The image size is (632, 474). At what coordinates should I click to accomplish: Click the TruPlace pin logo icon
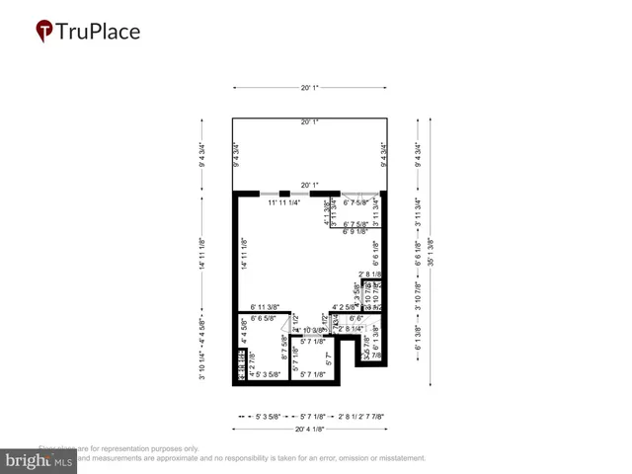click(x=43, y=32)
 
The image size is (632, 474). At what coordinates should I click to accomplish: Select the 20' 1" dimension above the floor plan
click(x=309, y=88)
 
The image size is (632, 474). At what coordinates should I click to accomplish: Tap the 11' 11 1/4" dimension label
click(x=285, y=202)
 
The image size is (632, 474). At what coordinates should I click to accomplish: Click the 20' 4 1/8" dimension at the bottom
click(x=309, y=430)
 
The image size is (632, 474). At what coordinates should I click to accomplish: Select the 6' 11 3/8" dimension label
click(x=266, y=307)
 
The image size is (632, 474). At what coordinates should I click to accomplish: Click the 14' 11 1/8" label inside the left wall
click(x=243, y=254)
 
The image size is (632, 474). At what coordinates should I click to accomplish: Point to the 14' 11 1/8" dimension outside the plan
click(x=201, y=254)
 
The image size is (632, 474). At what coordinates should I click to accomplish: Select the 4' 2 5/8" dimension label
click(x=350, y=307)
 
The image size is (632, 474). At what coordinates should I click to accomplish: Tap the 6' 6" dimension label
click(x=356, y=319)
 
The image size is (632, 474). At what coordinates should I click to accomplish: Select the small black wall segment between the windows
click(x=284, y=193)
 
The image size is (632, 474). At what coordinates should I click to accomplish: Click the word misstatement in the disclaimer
click(x=392, y=458)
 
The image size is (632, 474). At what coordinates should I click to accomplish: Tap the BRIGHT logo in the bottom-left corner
click(x=39, y=461)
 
